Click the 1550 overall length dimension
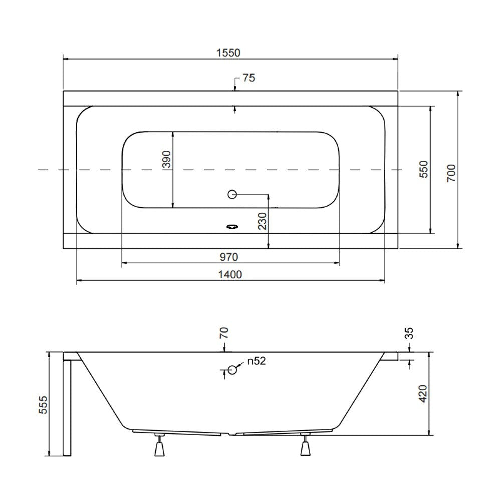pyautogui.click(x=228, y=53)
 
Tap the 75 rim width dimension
pyautogui.click(x=249, y=78)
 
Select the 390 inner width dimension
pyautogui.click(x=167, y=159)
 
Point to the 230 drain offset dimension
pyautogui.click(x=262, y=221)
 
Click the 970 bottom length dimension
pyautogui.click(x=229, y=257)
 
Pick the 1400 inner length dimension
pyautogui.click(x=230, y=274)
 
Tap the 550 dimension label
pyautogui.click(x=423, y=169)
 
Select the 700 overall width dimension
pyautogui.click(x=451, y=173)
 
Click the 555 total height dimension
pyautogui.click(x=43, y=405)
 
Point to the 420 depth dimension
pyautogui.click(x=423, y=394)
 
